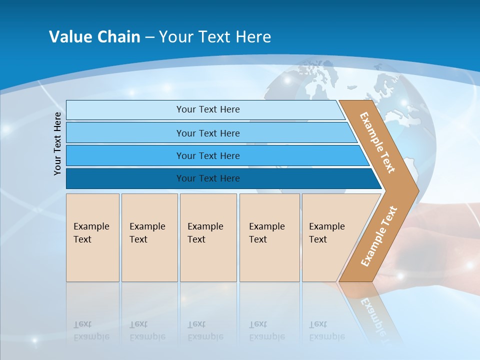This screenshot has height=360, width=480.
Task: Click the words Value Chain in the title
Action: tap(94, 37)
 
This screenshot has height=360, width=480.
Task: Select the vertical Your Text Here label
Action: tap(57, 143)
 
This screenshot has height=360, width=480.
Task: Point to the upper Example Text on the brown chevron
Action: tap(377, 142)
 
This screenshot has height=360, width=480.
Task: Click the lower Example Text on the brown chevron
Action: tap(378, 236)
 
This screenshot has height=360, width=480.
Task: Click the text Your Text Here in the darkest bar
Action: tap(208, 178)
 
